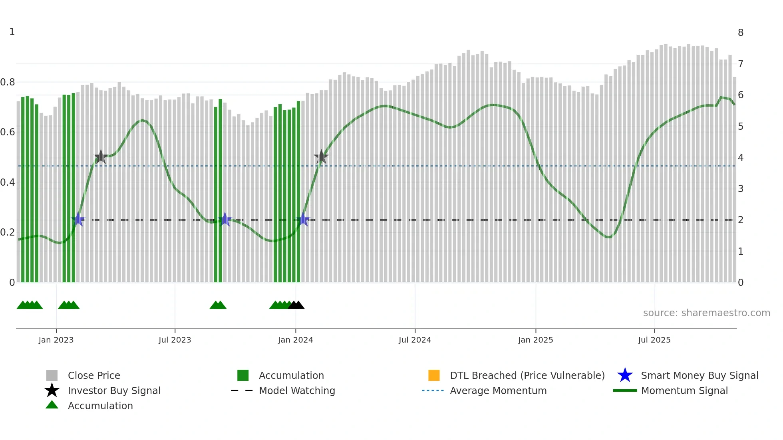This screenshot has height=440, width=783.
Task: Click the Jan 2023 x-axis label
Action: [56, 340]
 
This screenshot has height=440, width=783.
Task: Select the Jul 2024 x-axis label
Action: [415, 340]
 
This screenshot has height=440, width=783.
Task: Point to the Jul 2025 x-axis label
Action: [654, 340]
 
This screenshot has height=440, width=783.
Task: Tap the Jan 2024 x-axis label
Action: [295, 340]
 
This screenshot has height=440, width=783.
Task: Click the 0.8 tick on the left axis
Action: [8, 82]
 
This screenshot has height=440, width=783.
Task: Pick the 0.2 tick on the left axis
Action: [8, 232]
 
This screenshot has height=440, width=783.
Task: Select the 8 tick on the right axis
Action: [740, 33]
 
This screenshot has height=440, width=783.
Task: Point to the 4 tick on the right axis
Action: [740, 158]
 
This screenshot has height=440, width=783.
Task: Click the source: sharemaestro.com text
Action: [706, 313]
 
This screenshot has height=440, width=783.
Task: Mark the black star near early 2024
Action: [321, 157]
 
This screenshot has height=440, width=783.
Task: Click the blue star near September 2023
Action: [225, 220]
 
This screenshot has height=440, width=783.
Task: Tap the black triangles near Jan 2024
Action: [296, 305]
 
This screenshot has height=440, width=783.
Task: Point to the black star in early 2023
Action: [101, 157]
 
